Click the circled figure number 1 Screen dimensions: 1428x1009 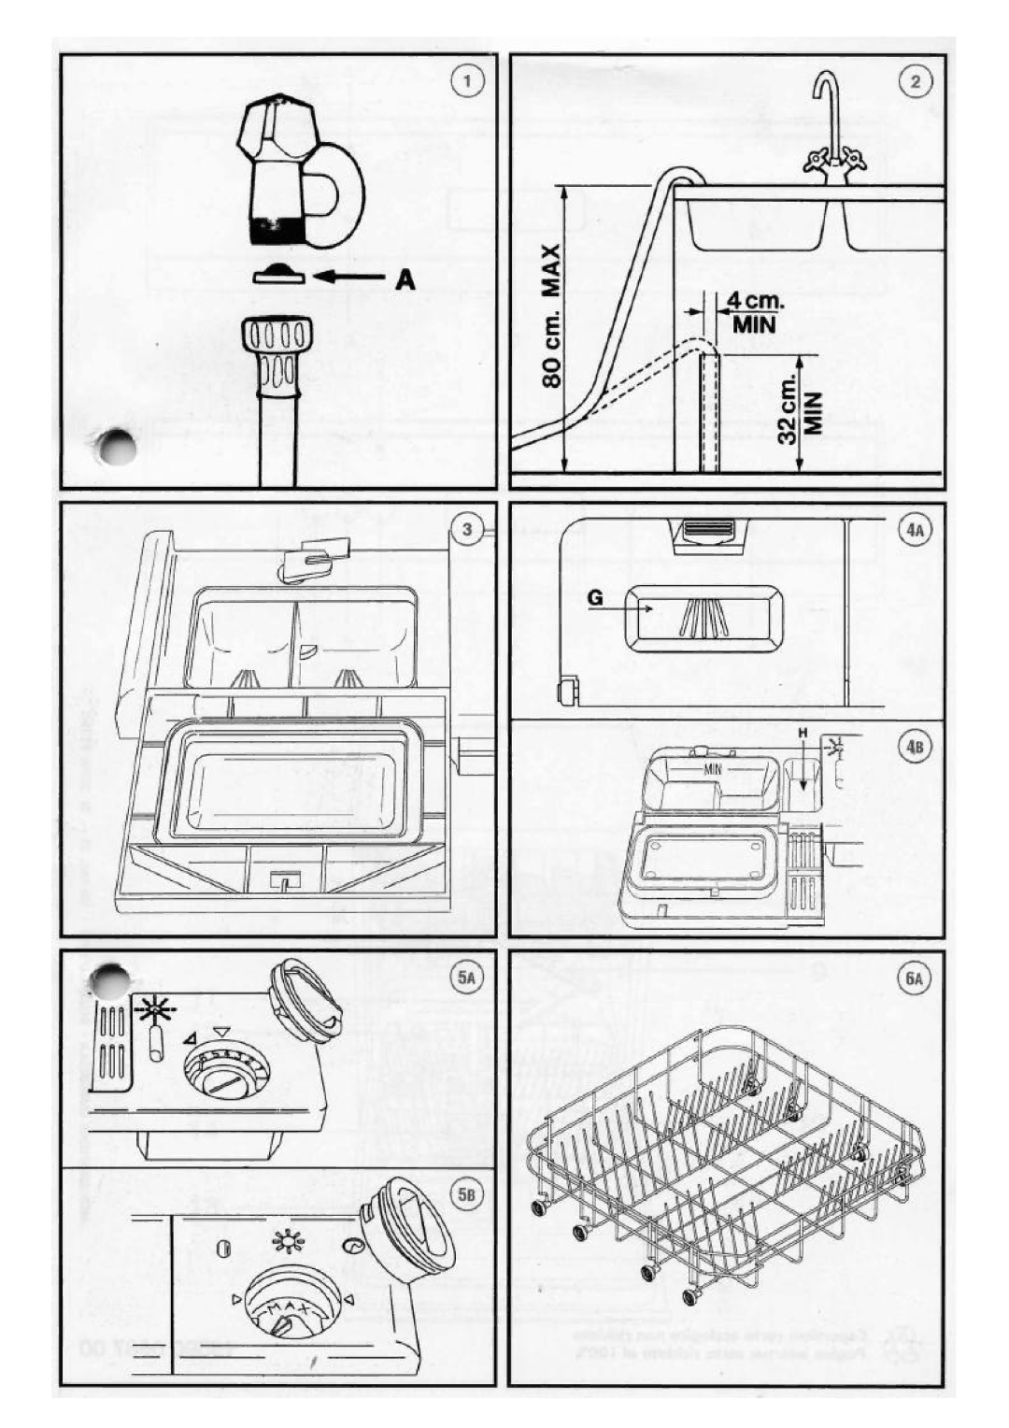click(468, 81)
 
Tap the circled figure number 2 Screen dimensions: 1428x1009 click(916, 81)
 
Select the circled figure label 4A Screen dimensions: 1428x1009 click(916, 530)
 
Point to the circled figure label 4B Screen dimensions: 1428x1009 click(916, 748)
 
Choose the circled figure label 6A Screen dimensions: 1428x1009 click(915, 978)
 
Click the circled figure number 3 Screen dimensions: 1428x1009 click(468, 530)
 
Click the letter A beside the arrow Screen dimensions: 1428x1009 click(404, 278)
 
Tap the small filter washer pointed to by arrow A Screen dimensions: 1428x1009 click(278, 274)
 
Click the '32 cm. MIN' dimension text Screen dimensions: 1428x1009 click(800, 409)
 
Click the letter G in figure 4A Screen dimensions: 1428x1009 click(596, 599)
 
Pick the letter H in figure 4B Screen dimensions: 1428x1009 click(801, 735)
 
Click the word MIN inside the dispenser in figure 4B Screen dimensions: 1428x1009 click(715, 769)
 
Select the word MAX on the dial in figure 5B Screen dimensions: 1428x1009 click(288, 1313)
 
